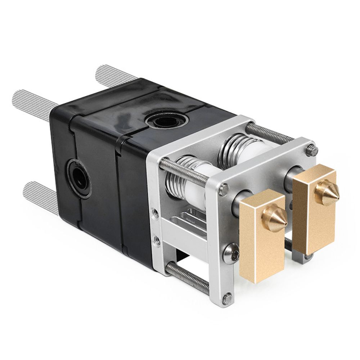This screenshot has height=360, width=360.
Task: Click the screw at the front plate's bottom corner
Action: tap(226, 298)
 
